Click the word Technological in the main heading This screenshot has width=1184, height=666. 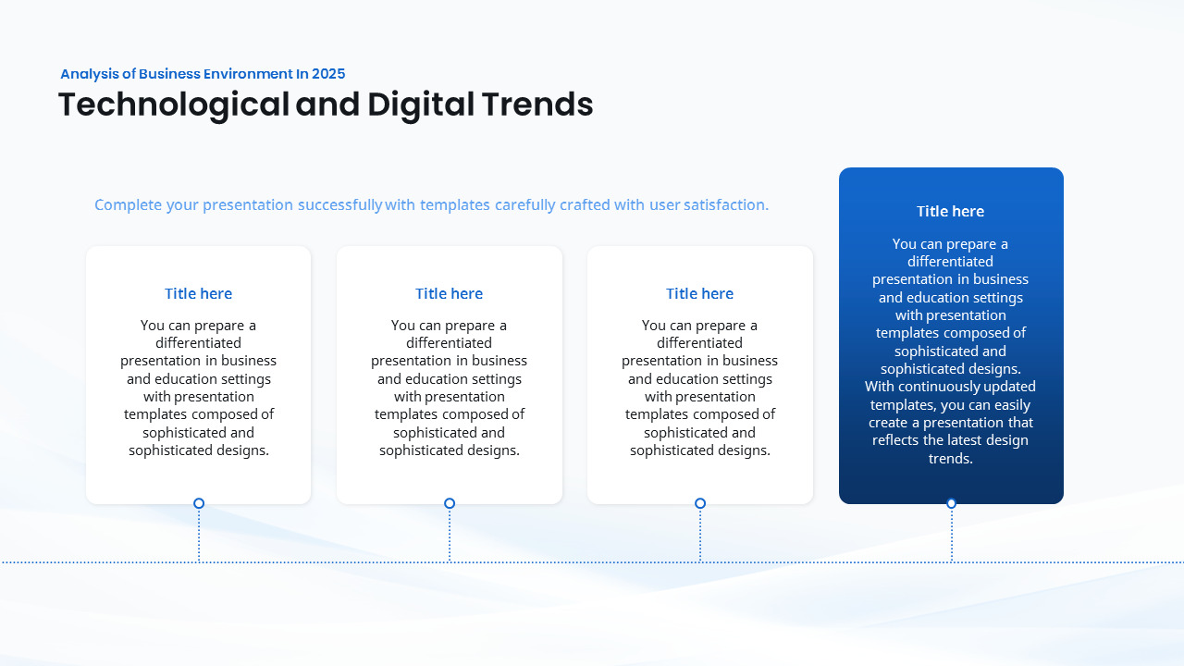(174, 105)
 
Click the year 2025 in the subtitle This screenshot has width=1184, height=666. (328, 74)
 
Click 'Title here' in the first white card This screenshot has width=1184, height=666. (198, 294)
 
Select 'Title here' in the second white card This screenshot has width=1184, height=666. (449, 294)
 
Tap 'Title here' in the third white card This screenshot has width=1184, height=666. (699, 294)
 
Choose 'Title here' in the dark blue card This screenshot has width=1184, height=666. (950, 212)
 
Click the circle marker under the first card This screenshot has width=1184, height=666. (199, 503)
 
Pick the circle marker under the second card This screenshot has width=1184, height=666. (450, 503)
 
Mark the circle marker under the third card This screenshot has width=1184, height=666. (700, 503)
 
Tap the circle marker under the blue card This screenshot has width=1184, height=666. (951, 503)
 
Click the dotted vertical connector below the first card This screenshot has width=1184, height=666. (199, 535)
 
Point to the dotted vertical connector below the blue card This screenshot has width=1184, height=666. (951, 535)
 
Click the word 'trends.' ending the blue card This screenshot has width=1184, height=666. (951, 459)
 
